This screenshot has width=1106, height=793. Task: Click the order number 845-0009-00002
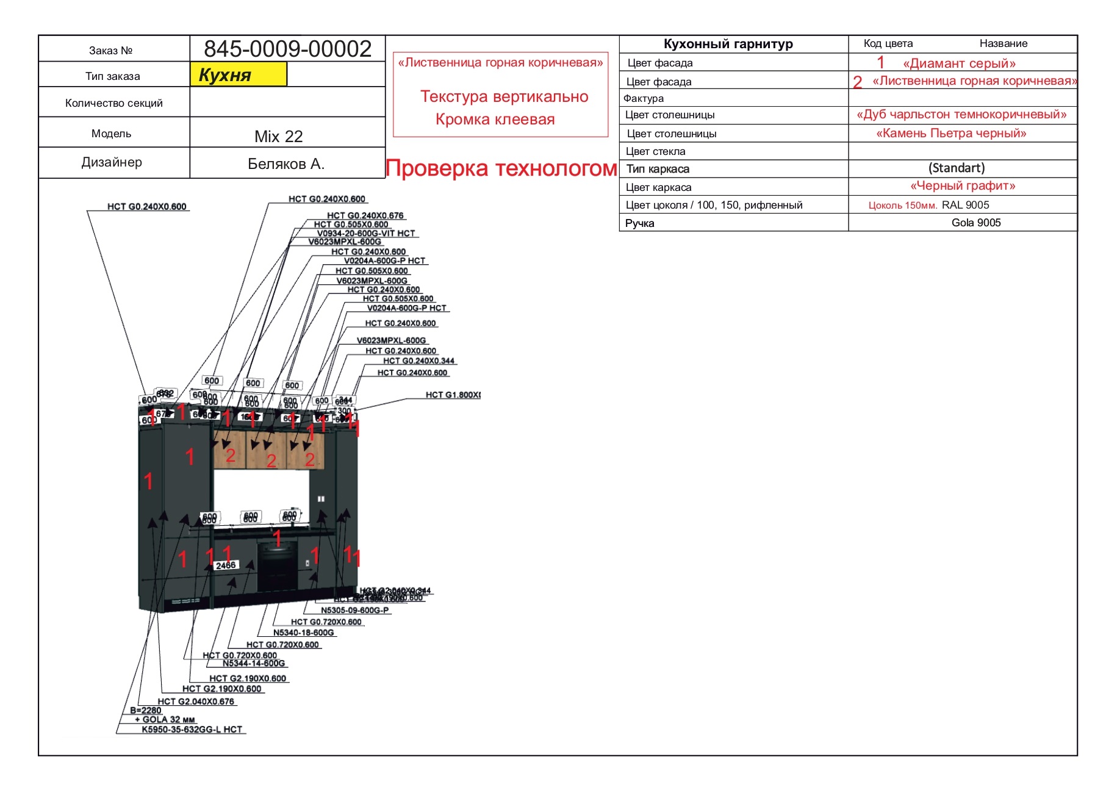pos(287,49)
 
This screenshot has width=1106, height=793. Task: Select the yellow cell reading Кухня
pos(238,74)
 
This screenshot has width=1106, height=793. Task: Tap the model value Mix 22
pos(278,137)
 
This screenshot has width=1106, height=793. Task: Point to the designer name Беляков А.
pos(285,164)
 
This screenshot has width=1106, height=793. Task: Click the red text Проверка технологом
pos(501,168)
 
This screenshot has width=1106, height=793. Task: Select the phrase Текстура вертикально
pos(504,96)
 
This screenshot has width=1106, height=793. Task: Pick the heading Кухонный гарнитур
pos(728,44)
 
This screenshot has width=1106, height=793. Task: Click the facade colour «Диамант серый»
pos(959,63)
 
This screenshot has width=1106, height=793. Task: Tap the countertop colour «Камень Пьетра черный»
pos(951,133)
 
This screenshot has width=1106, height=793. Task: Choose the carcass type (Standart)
pos(957,168)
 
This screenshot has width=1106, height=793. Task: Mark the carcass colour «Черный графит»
pos(963,185)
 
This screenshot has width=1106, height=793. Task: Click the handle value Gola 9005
pos(975,223)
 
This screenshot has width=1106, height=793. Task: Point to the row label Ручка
pos(639,223)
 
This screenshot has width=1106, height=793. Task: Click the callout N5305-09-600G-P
pos(354,610)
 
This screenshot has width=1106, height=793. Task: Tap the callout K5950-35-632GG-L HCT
pos(192,730)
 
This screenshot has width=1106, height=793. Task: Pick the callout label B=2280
pos(145,710)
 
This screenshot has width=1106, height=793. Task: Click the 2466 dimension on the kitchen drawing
pos(225,565)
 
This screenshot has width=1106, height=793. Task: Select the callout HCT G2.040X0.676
pos(196,701)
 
